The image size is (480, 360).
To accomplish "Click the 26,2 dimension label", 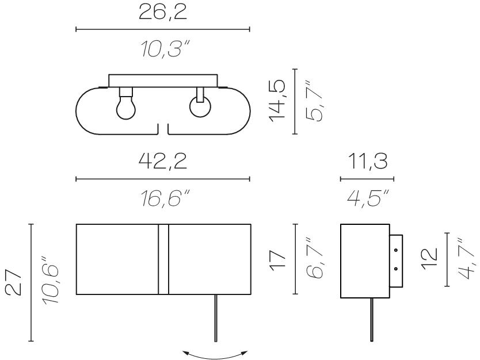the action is click(162, 13).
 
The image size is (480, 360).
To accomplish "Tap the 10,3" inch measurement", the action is click(165, 49).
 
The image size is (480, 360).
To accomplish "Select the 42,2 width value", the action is click(162, 162).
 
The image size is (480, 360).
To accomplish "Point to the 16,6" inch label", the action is click(165, 198).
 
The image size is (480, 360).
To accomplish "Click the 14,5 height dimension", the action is click(277, 101).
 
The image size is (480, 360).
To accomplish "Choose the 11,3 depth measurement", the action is click(368, 162).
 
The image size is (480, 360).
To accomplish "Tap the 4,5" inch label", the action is click(368, 198).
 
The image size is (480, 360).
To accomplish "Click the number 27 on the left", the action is click(14, 282).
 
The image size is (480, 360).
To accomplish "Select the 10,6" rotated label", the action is click(50, 280).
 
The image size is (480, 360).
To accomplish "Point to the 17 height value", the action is click(277, 260).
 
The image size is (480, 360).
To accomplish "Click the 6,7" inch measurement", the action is click(314, 258).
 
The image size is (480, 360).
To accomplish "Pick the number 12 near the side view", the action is click(429, 259).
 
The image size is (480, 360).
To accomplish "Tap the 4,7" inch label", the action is click(467, 258).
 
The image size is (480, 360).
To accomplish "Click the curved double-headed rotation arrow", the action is click(215, 357).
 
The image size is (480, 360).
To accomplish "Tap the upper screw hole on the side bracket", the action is click(396, 250).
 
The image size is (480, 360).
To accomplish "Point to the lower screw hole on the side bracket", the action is click(396, 269).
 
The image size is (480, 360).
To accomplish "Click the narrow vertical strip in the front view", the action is click(163, 259).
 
